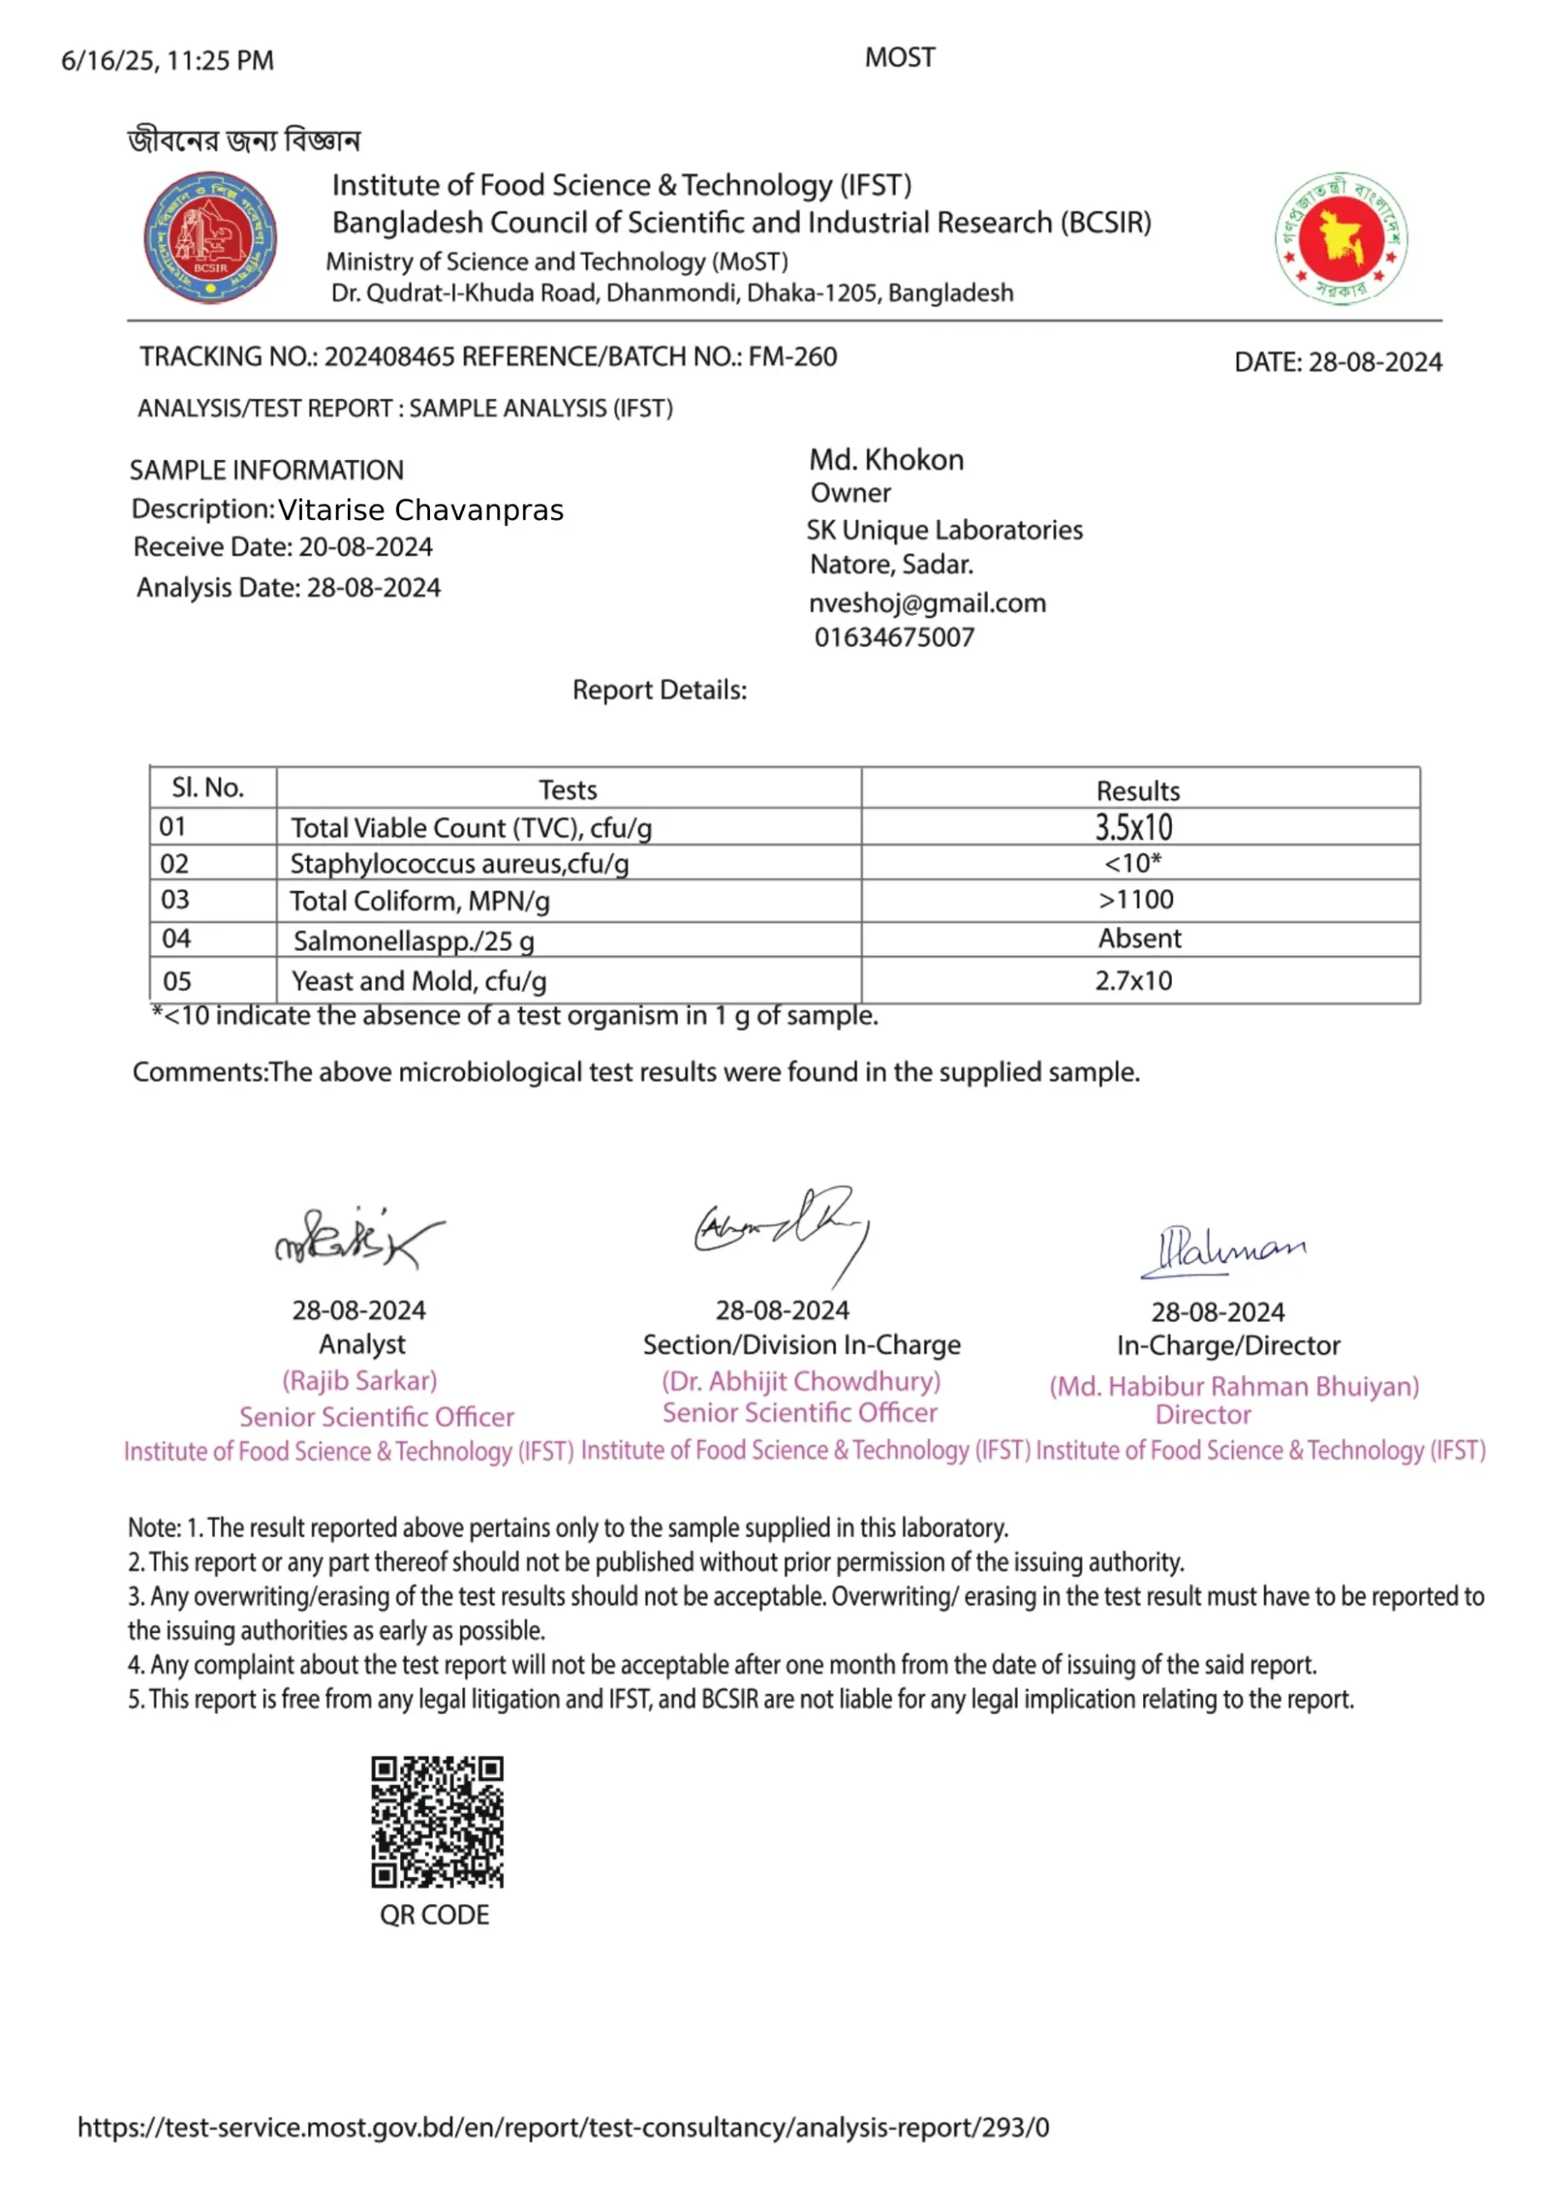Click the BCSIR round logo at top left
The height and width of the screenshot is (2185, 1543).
point(210,238)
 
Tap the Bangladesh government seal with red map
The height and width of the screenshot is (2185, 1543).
point(1342,238)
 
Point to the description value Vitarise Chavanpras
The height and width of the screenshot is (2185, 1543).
point(421,510)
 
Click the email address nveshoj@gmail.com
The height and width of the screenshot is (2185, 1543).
point(927,603)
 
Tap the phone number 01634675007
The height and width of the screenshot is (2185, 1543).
point(894,638)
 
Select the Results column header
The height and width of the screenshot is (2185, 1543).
point(1138,791)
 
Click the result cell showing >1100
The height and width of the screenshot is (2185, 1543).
point(1136,900)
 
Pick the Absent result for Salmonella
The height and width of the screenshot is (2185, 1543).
point(1140,938)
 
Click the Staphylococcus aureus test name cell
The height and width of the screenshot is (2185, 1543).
point(460,864)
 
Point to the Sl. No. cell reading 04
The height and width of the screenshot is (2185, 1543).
point(176,939)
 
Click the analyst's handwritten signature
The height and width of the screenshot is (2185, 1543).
point(358,1237)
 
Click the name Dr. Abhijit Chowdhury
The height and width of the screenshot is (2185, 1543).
point(801,1381)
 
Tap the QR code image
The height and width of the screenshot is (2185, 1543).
point(437,1821)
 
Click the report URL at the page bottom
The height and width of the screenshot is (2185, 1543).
point(563,2127)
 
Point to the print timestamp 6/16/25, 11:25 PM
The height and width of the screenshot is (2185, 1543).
point(167,61)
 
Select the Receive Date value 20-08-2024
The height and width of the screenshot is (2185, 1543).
point(365,547)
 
